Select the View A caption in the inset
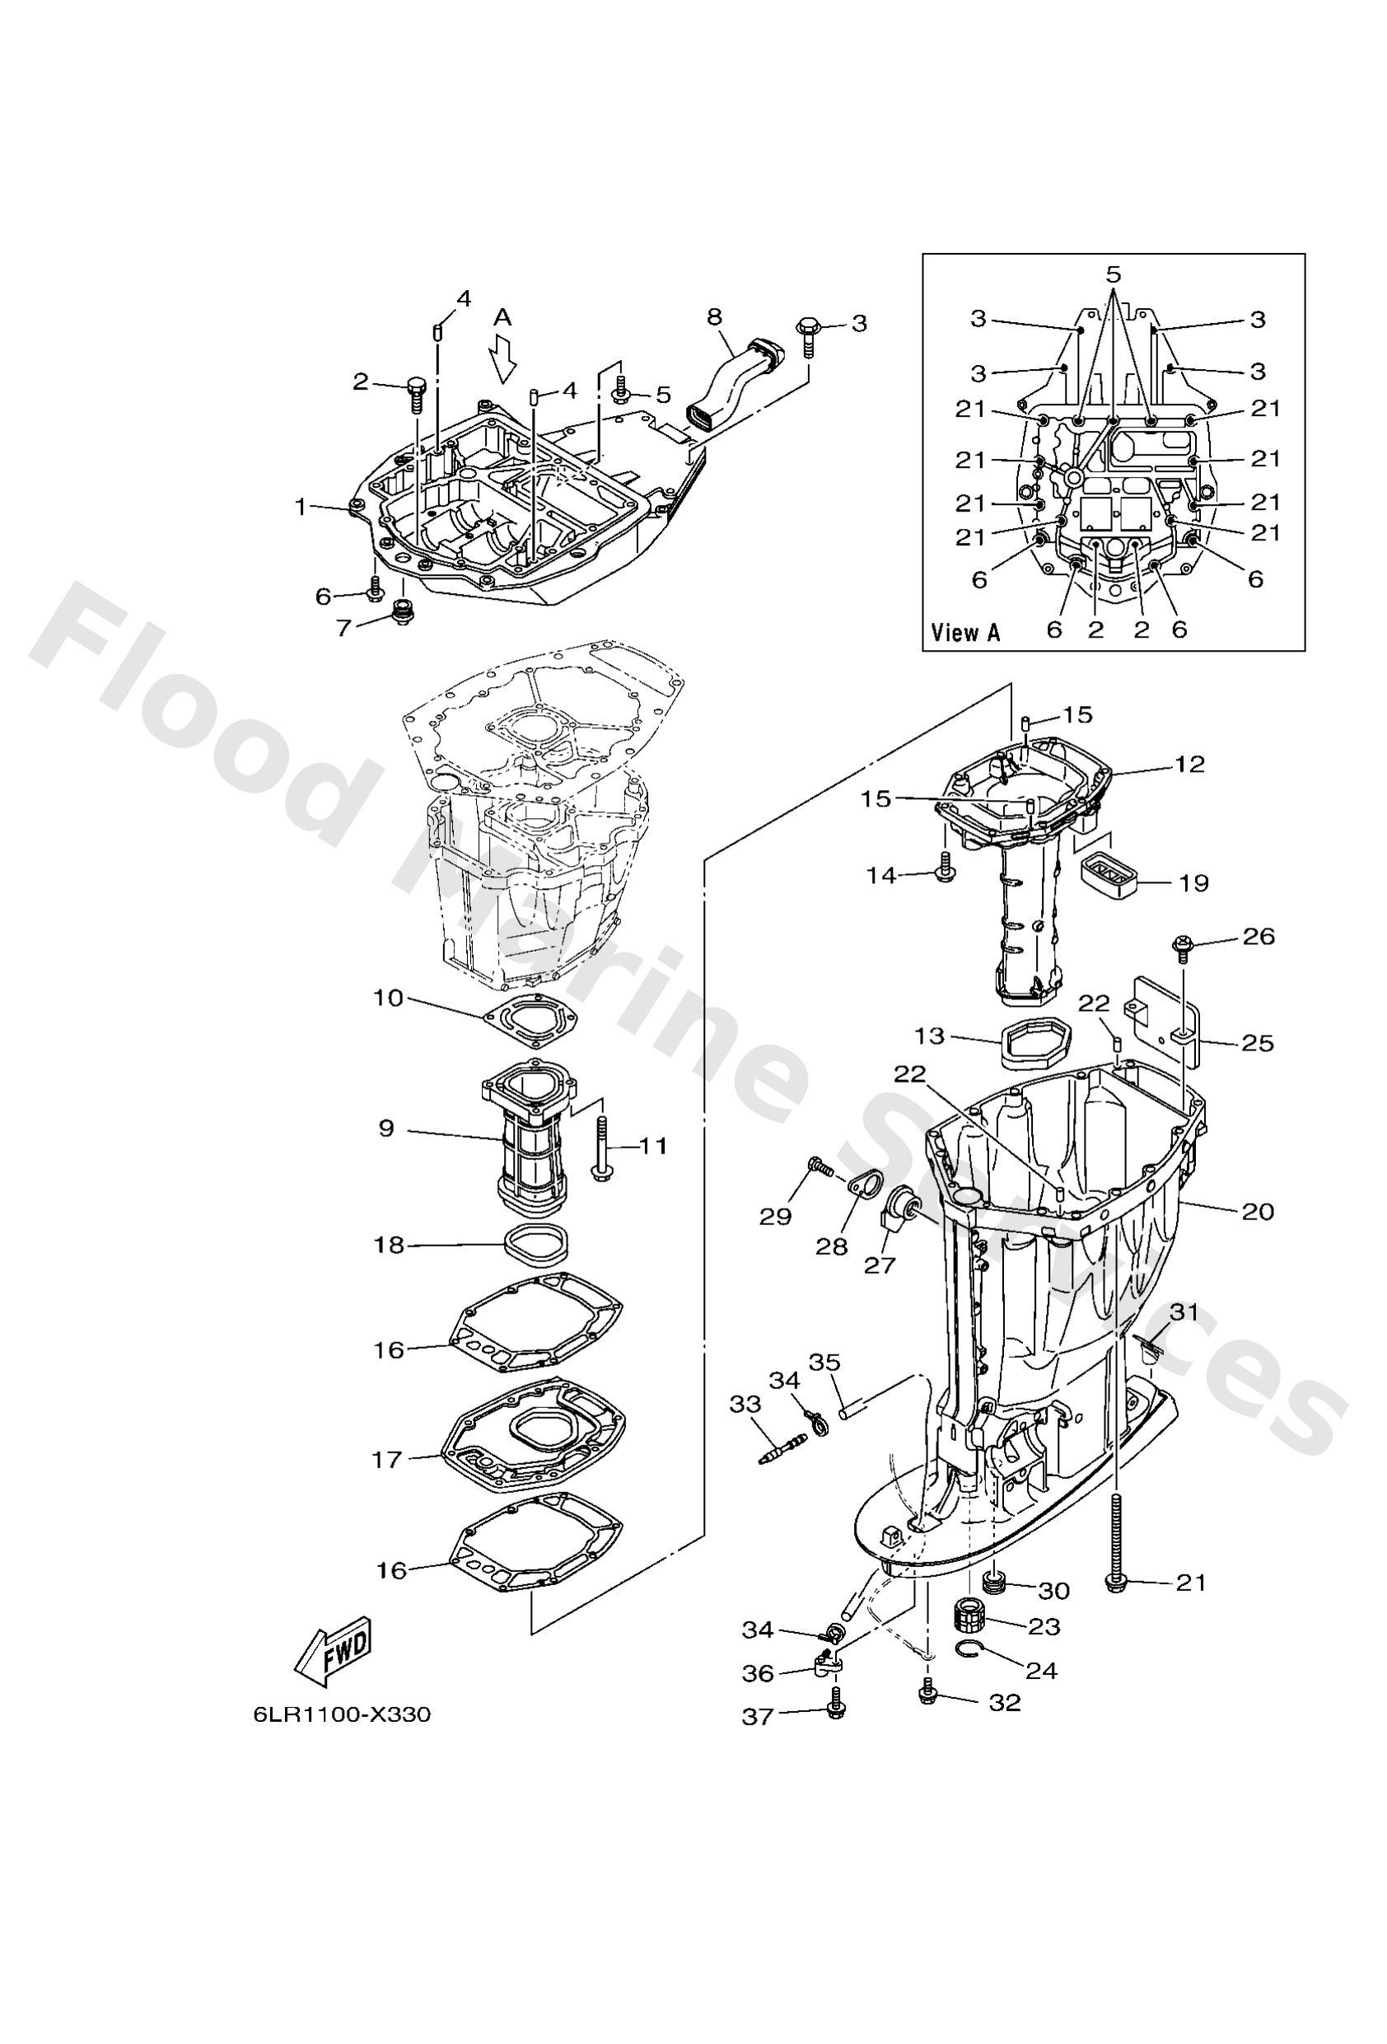(x=964, y=632)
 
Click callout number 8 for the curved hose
(x=713, y=316)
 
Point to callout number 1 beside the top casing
(x=301, y=507)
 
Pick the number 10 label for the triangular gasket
(x=387, y=999)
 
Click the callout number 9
(x=387, y=1129)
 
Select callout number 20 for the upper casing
(x=1258, y=1211)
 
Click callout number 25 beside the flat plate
(x=1258, y=1043)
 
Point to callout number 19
(x=1193, y=882)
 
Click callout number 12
(x=1189, y=764)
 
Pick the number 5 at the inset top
(x=1114, y=274)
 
